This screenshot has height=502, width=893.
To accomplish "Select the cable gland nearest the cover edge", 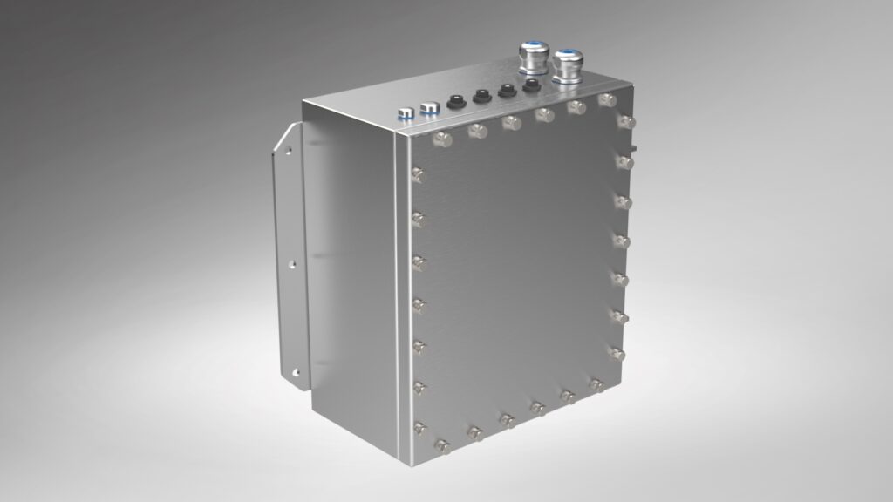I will coord(568,68).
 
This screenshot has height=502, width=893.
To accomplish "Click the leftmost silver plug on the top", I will coord(405,112).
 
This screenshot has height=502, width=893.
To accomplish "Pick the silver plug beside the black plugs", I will coord(428,108).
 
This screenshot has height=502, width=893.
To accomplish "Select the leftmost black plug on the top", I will coord(453,102).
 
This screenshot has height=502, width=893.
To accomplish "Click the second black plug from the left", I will coord(480,96).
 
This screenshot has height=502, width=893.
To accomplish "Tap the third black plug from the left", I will coord(505,90).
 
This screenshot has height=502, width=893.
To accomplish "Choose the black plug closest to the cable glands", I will coord(529,85).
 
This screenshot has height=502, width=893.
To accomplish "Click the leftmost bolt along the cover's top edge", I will coord(440,138).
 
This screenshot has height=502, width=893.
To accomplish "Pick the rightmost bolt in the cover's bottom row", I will coord(597,383).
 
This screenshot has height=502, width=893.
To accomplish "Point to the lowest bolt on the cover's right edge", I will coord(617,354).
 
